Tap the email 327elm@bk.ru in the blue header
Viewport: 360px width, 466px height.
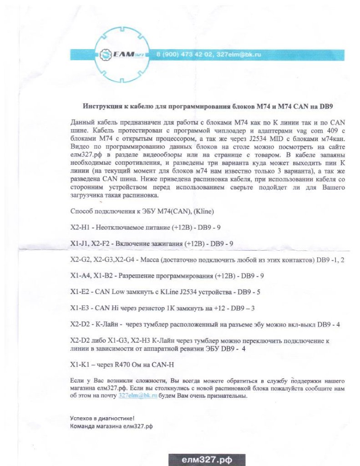click(x=238, y=55)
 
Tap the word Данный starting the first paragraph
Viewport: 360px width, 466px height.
click(x=84, y=122)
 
